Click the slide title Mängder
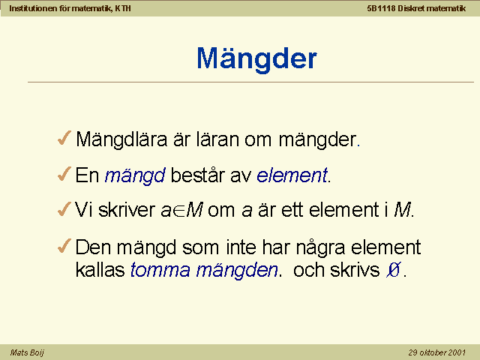click(256, 59)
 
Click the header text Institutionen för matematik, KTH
click(70, 8)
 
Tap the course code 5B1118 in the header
click(381, 8)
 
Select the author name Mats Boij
click(27, 352)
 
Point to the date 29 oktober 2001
click(436, 352)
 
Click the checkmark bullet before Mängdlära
click(64, 138)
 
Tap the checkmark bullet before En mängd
click(64, 173)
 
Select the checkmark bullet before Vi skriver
click(64, 208)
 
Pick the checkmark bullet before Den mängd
click(64, 246)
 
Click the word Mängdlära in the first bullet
click(121, 140)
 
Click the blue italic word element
click(292, 175)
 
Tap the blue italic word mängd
click(135, 176)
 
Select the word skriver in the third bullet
click(127, 210)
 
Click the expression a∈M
click(181, 210)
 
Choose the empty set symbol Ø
click(393, 270)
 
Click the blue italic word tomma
click(160, 270)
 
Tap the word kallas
click(100, 269)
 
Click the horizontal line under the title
click(250, 82)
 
